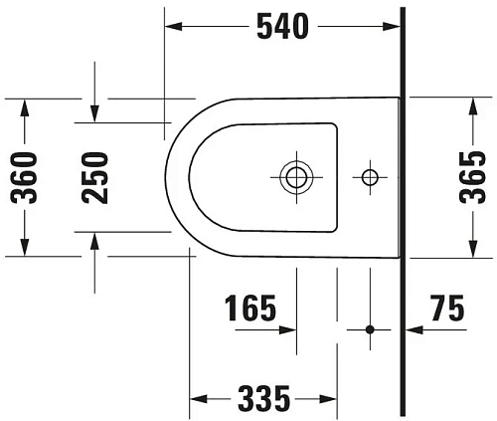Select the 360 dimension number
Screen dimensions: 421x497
click(x=26, y=176)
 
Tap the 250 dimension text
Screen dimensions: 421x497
click(x=94, y=176)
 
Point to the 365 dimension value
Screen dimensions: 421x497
click(x=472, y=176)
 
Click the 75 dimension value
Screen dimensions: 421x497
click(x=446, y=310)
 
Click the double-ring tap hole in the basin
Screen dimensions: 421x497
click(x=294, y=177)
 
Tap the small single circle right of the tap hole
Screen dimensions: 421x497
click(x=370, y=177)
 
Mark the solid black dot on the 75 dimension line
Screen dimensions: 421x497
click(x=370, y=329)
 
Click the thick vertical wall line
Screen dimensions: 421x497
click(x=402, y=209)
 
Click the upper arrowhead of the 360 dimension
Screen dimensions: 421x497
click(x=26, y=105)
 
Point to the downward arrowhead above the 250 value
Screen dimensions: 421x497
click(x=94, y=115)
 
